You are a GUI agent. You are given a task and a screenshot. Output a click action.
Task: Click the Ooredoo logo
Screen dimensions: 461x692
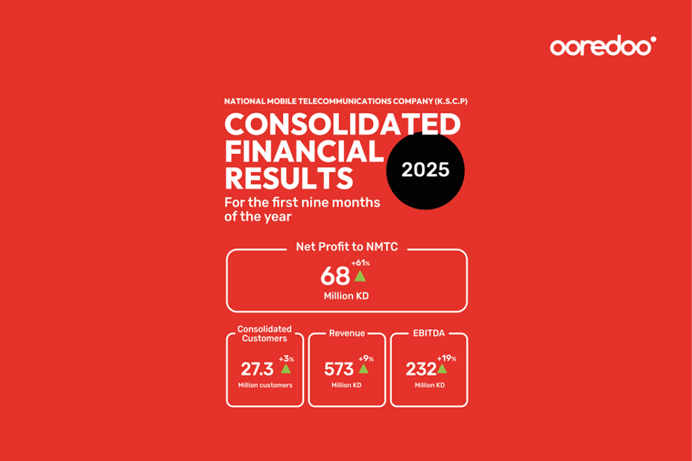pos(603,47)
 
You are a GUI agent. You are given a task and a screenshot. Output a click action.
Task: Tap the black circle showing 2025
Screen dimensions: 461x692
pos(425,170)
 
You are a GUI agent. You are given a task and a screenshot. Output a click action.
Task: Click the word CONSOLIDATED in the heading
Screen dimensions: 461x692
pos(343,124)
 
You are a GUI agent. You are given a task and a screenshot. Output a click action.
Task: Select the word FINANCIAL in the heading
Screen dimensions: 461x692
pos(304,151)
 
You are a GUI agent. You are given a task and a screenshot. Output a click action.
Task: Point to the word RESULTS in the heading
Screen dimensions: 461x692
pos(289,178)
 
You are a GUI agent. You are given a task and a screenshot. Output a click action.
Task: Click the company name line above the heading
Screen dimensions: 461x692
pos(345,101)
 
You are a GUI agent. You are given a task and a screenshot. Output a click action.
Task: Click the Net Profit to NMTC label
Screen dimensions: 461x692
pos(347,247)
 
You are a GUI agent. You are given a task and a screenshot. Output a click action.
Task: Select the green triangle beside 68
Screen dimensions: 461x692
pos(360,276)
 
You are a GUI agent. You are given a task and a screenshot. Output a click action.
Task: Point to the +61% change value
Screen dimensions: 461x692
pos(360,263)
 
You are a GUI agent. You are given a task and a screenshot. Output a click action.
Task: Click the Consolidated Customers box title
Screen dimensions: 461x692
pos(265,334)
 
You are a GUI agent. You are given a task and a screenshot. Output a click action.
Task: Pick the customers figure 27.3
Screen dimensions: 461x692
pos(257,369)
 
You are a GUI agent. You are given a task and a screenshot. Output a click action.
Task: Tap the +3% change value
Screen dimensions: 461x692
pos(286,359)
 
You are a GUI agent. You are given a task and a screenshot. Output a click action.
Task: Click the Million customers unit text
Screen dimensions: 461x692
pos(264,385)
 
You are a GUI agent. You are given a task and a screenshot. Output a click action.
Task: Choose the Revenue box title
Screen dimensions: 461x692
pos(347,334)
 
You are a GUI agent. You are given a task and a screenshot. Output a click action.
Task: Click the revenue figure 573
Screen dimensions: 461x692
pos(339,369)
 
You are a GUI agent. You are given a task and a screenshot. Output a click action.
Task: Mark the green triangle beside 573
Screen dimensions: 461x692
pos(363,369)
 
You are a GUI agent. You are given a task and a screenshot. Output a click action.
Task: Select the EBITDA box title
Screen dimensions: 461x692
pos(428,334)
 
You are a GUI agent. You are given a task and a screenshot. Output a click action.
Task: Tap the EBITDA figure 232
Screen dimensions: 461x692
pos(421,369)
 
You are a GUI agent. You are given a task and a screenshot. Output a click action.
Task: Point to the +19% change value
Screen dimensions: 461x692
pos(447,359)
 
